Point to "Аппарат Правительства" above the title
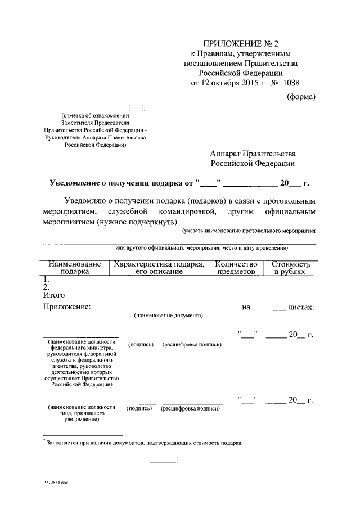(253, 154)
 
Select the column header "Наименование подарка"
(74, 267)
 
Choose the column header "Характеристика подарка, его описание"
(159, 267)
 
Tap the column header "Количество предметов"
(236, 267)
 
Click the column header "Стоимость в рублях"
(291, 267)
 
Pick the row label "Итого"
(54, 294)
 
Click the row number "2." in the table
(47, 286)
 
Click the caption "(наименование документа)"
(168, 316)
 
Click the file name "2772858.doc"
(56, 483)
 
